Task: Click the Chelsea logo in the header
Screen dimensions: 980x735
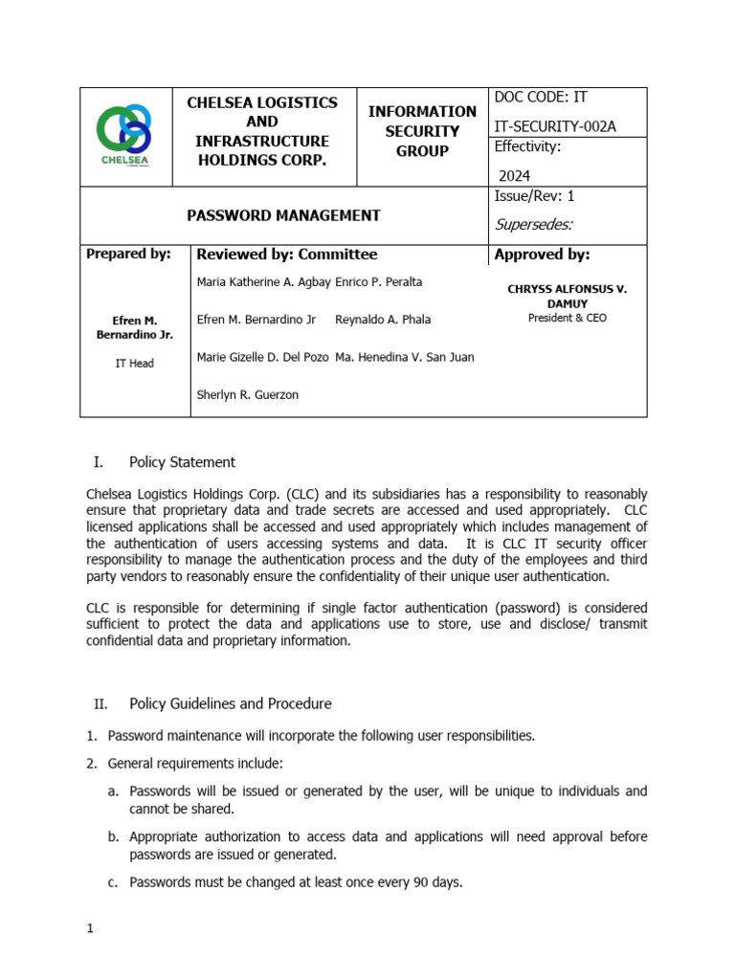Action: pyautogui.click(x=124, y=135)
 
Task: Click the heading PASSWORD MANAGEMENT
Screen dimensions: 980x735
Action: pyautogui.click(x=283, y=215)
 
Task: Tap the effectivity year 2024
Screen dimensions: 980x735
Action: pyautogui.click(x=514, y=175)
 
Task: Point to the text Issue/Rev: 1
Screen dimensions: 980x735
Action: pyautogui.click(x=534, y=196)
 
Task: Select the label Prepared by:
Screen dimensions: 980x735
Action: pyautogui.click(x=128, y=254)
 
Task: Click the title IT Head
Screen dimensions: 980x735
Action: pyautogui.click(x=134, y=364)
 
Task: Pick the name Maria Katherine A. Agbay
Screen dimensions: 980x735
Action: pyautogui.click(x=263, y=282)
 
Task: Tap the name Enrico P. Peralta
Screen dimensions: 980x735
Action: pyautogui.click(x=379, y=282)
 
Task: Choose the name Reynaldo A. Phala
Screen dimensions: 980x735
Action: pyautogui.click(x=384, y=320)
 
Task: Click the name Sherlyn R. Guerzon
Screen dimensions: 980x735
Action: pyautogui.click(x=247, y=394)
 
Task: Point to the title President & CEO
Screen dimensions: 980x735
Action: pyautogui.click(x=567, y=318)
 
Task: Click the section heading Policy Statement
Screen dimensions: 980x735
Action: pyautogui.click(x=182, y=462)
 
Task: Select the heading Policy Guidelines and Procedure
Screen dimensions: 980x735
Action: pyautogui.click(x=231, y=703)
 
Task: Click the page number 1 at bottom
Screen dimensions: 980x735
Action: pyautogui.click(x=89, y=929)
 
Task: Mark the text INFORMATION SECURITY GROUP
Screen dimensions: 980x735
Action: pyautogui.click(x=422, y=131)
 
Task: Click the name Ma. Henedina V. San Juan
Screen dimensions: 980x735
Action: pyautogui.click(x=405, y=357)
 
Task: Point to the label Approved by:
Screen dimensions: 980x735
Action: pyautogui.click(x=542, y=254)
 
